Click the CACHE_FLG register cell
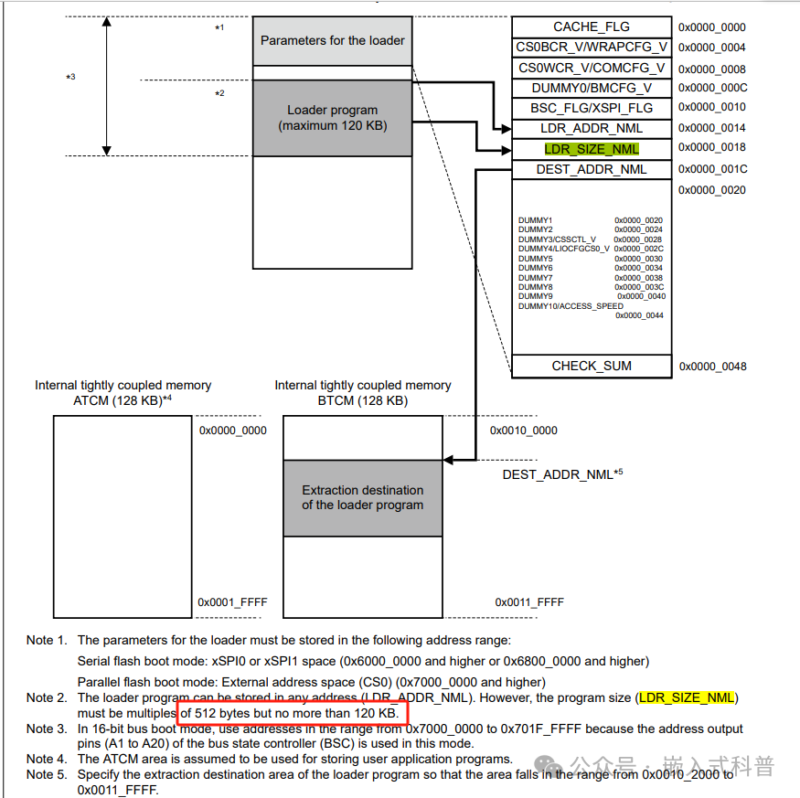(x=592, y=27)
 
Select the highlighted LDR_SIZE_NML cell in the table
(x=592, y=149)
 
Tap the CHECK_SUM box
(x=592, y=366)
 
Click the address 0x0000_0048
(x=712, y=367)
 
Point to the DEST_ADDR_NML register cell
(x=592, y=169)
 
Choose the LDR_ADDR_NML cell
(x=592, y=129)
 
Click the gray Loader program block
(x=333, y=118)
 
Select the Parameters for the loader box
(x=333, y=40)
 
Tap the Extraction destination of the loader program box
(x=363, y=497)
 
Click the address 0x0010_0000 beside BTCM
(x=524, y=431)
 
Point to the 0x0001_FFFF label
(x=232, y=602)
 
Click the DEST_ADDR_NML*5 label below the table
(x=562, y=474)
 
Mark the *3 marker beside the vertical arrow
(x=70, y=77)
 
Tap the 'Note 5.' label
(x=46, y=774)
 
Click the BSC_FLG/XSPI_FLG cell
(x=592, y=108)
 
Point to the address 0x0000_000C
(x=712, y=88)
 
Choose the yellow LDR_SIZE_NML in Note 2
(x=687, y=698)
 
